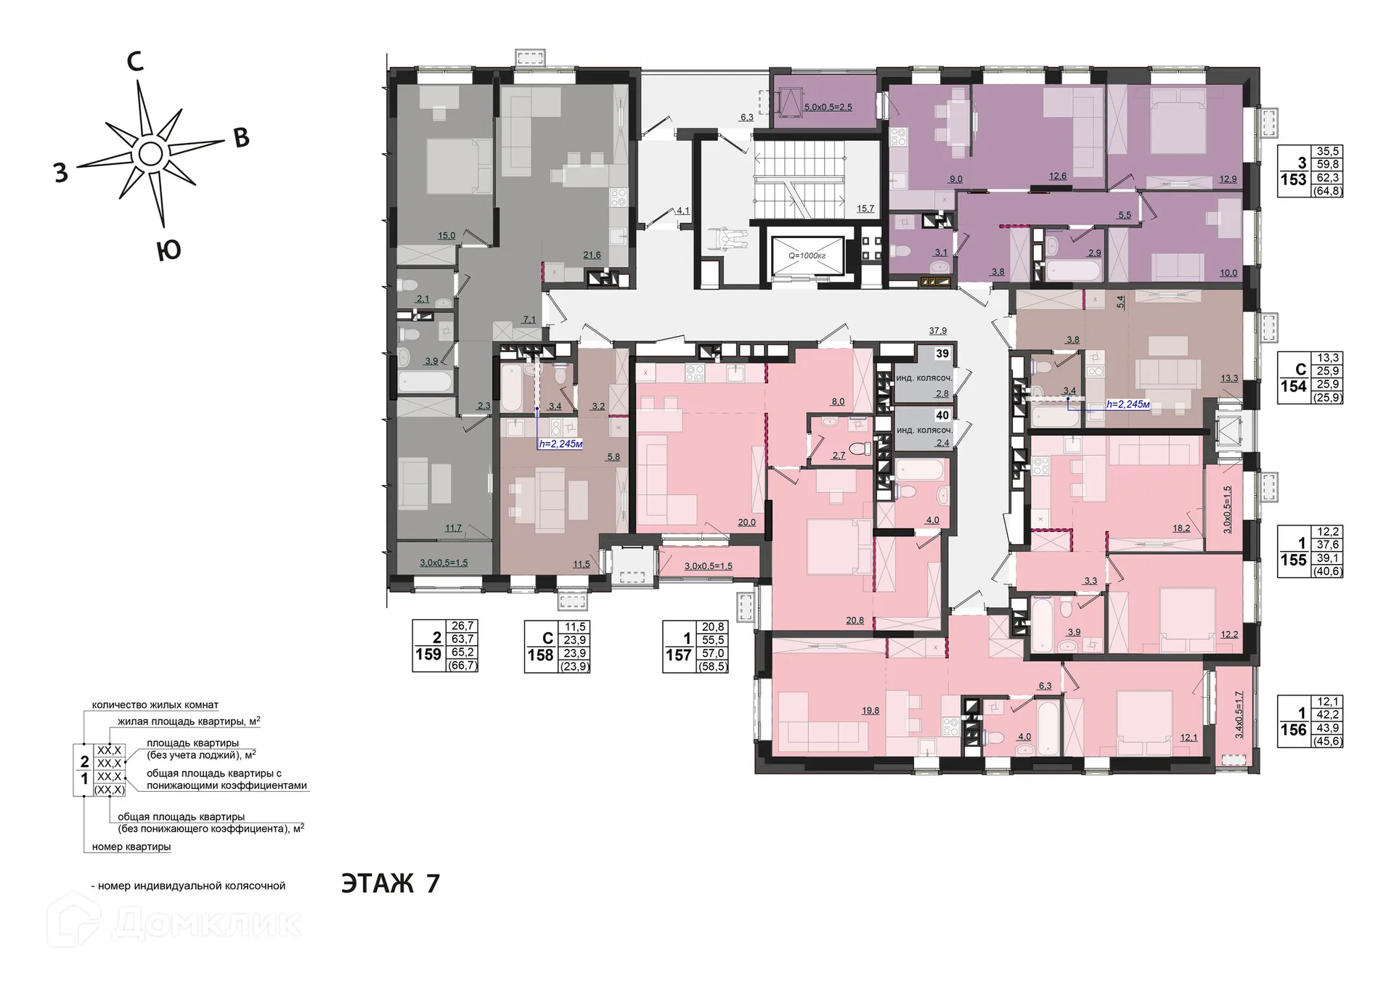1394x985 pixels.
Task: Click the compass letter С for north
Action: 135,63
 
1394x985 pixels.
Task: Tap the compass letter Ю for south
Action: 168,251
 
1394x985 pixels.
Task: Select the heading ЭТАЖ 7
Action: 391,883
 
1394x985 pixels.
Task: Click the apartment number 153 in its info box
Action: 1293,179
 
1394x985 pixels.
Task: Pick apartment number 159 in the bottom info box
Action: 428,655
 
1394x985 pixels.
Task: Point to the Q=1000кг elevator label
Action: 807,256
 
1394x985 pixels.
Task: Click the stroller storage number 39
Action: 942,353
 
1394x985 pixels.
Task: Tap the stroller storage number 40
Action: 942,416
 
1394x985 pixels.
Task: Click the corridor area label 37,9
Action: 938,331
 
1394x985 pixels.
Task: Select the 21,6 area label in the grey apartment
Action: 592,255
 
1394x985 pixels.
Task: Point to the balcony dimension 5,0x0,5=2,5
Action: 828,107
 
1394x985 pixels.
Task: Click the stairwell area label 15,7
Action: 865,209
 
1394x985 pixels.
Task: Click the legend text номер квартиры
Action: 131,847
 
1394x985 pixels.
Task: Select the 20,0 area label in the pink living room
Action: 746,522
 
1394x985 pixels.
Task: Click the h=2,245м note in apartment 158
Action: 561,444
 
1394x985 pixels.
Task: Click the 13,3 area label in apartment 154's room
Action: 1228,379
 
